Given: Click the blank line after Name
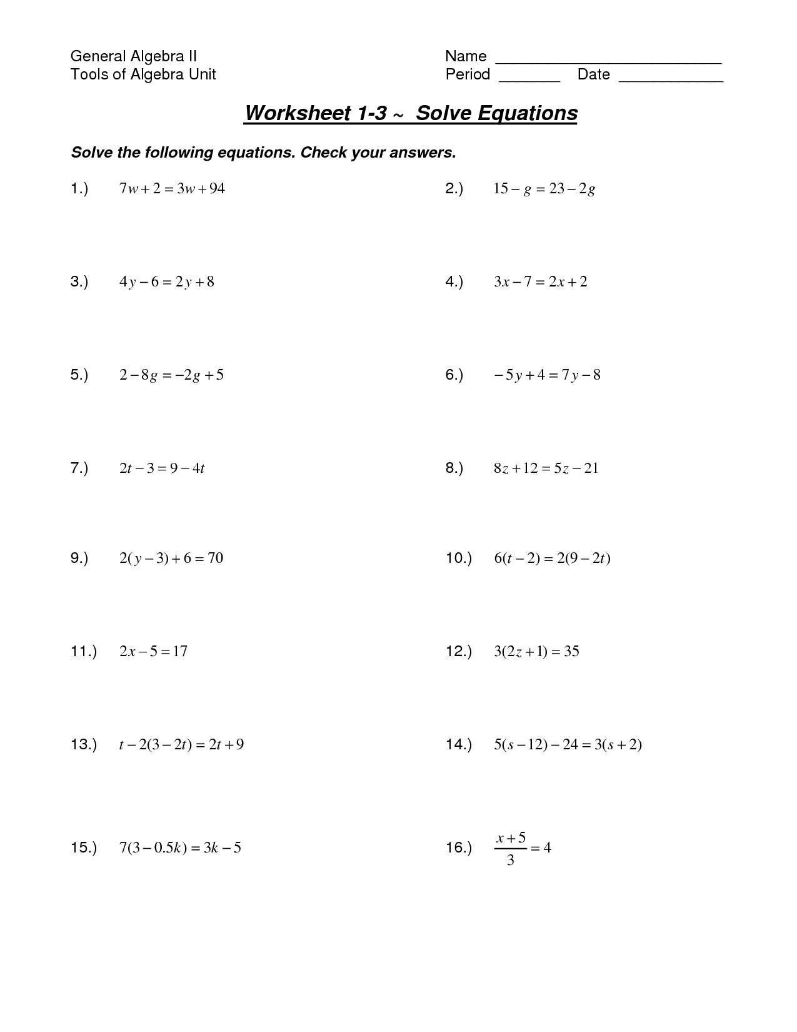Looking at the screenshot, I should (608, 63).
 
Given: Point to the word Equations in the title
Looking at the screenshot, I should (528, 113).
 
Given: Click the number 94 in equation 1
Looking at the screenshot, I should (216, 188).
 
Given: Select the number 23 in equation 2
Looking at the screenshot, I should (556, 188).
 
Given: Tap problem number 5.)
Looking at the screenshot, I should (79, 375).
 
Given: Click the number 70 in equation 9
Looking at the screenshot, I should (215, 558).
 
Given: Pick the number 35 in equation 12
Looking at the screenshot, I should (571, 651).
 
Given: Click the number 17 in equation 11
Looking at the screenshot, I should (179, 651).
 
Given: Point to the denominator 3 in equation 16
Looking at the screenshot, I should (511, 861).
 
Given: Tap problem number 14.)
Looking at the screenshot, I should (458, 744).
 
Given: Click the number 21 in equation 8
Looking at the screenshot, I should (591, 468).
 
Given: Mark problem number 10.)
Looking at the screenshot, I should (458, 558).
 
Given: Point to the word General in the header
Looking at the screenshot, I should (96, 56).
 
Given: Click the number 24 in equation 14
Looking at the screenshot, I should (570, 744).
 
